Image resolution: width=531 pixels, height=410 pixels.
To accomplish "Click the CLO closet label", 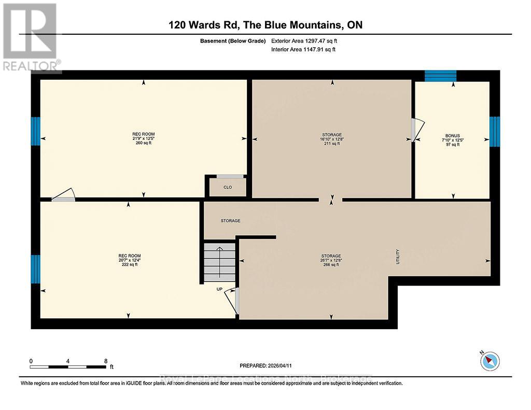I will [228, 188].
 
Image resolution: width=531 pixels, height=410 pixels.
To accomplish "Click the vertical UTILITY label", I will [398, 257].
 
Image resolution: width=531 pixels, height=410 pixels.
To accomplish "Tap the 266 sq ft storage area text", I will [331, 265].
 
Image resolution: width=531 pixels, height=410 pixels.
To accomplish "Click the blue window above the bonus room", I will [440, 76].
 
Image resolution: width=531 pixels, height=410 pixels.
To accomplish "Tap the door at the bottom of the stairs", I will [232, 301].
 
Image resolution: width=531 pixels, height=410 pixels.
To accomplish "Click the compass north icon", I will [489, 360].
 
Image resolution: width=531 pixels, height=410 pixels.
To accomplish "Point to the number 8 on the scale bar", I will [106, 361].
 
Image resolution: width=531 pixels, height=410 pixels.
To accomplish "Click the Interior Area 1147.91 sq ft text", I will [303, 50].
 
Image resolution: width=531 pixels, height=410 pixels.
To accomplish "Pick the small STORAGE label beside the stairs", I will [230, 221].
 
